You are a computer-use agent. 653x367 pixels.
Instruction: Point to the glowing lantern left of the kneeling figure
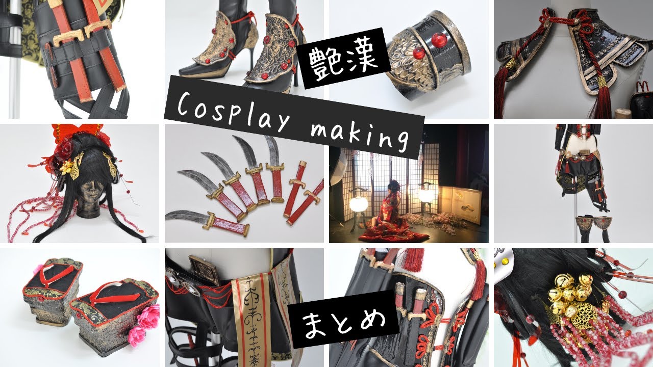click(358, 203)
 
